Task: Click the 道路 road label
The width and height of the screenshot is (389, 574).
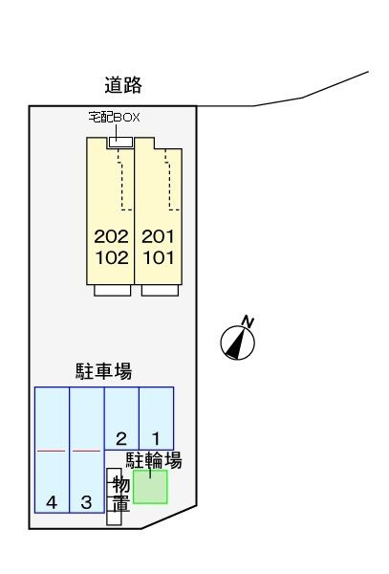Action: (123, 85)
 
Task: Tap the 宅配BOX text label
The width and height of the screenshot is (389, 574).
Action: (114, 117)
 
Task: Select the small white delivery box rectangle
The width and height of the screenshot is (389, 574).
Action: (120, 142)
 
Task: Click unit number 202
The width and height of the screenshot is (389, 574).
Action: (111, 236)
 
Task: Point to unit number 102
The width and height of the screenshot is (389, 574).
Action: (112, 257)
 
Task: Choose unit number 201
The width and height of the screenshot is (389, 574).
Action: (158, 236)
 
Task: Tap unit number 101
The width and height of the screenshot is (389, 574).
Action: (159, 257)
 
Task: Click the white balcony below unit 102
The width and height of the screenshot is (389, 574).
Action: (112, 290)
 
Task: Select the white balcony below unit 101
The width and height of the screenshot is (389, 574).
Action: (160, 290)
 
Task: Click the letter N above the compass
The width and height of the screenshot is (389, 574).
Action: (248, 321)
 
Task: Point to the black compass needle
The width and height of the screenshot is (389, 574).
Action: (236, 343)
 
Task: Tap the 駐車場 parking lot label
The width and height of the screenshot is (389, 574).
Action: (103, 371)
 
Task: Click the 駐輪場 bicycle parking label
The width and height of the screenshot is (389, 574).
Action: (154, 460)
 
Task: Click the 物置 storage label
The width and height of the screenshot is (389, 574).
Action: (121, 494)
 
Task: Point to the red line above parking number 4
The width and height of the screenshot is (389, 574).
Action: (52, 451)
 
